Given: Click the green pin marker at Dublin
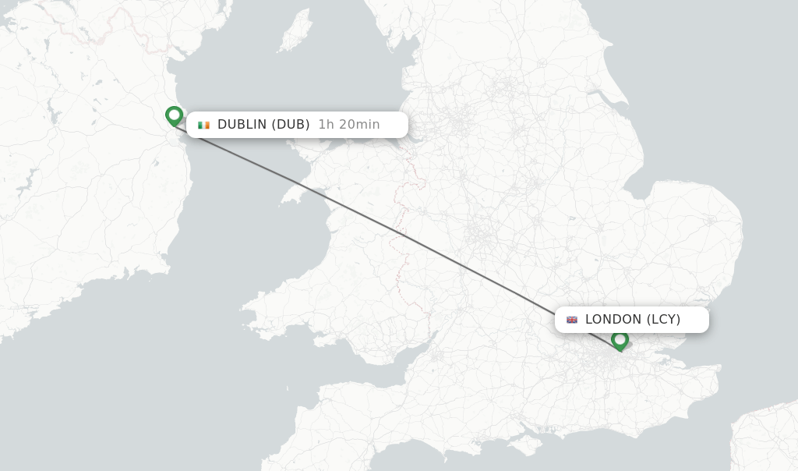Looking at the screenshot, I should click(174, 115).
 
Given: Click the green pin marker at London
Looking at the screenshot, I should click(620, 340).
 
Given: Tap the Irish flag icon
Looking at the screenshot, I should click(204, 125).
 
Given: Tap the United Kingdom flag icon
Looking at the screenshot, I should click(572, 320).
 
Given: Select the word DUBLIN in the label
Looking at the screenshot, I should click(242, 125).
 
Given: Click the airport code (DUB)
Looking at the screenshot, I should click(291, 125).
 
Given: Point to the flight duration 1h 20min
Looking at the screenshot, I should click(349, 125).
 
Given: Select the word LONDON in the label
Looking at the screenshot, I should click(613, 320).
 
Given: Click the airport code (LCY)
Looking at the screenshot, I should click(664, 320).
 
